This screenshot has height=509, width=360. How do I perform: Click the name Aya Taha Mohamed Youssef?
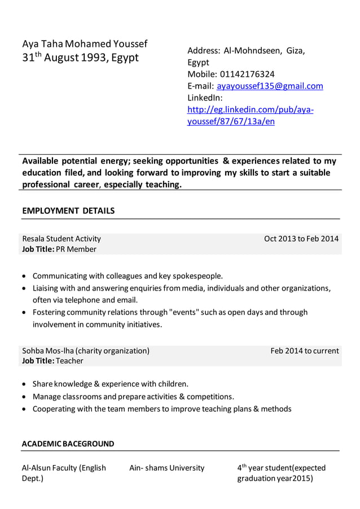point(85,44)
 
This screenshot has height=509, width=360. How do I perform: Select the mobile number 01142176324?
point(247,74)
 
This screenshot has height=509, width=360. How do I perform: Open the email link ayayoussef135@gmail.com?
point(270,86)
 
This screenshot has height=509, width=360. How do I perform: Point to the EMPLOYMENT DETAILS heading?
point(68,210)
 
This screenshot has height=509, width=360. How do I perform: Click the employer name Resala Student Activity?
point(62,238)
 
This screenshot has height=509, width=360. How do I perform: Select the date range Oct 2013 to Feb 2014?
point(301,238)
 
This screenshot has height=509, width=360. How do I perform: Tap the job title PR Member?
point(76,249)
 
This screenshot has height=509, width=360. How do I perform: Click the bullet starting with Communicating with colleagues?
point(128,276)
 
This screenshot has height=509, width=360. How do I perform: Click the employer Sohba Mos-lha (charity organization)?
point(86,350)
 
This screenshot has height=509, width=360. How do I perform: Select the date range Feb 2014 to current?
point(305,350)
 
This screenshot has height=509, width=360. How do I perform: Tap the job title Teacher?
point(69,361)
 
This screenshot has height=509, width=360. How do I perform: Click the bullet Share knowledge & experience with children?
point(111,384)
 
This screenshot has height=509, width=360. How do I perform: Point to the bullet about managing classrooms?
point(133,396)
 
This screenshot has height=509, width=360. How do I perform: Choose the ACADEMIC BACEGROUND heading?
point(68,444)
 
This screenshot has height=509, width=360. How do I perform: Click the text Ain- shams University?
point(167,468)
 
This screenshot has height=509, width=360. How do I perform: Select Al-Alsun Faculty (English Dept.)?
point(64,473)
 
